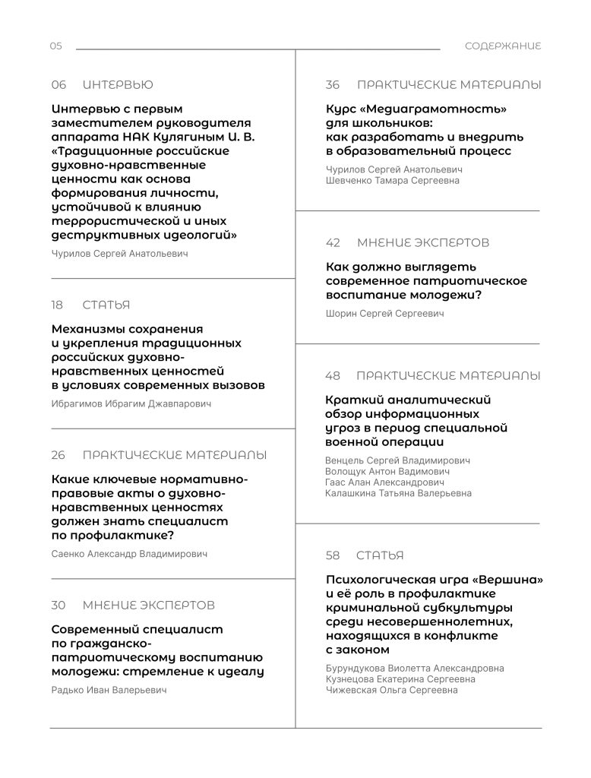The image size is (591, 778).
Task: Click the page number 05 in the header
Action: (56, 46)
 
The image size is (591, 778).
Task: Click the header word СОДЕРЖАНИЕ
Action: (503, 46)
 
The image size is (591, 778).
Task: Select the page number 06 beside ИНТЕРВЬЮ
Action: (58, 85)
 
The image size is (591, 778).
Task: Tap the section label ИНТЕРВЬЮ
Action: (118, 85)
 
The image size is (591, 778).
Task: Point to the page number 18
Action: (58, 305)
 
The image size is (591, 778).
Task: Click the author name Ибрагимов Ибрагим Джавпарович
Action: (131, 404)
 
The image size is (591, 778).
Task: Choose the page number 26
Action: (58, 456)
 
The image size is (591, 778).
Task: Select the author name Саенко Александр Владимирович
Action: (129, 555)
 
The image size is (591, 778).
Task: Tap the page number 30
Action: (58, 606)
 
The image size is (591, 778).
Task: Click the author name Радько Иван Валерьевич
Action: (109, 691)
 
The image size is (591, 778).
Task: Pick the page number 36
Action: (333, 85)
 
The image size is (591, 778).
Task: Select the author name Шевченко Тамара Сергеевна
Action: (392, 181)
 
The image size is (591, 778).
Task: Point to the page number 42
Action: (333, 243)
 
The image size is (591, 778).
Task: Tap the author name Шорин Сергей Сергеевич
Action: (384, 314)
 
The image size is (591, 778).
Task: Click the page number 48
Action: (333, 376)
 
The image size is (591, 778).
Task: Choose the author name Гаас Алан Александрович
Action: (384, 482)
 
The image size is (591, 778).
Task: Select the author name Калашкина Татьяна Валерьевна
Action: (398, 494)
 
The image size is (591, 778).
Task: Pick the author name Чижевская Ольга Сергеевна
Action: (391, 691)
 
